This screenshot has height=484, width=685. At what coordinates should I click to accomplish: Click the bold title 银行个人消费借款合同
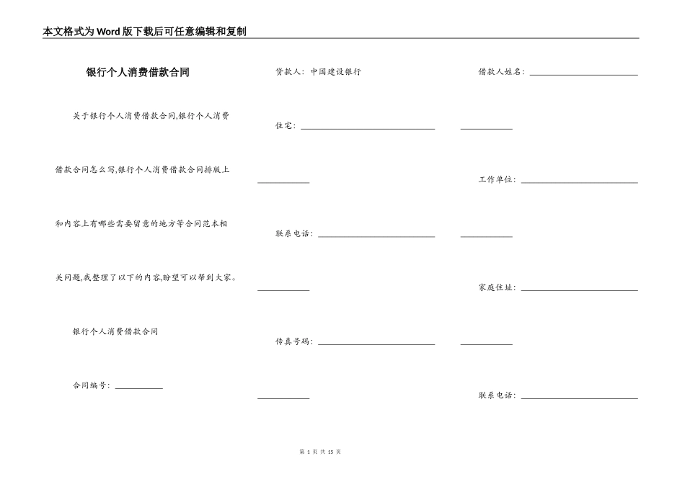pos(137,72)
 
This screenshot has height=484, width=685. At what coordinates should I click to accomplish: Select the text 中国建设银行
pos(336,72)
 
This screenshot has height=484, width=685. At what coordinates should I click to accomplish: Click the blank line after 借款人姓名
pos(583,73)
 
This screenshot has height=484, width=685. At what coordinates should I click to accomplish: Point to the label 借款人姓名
pos(501,72)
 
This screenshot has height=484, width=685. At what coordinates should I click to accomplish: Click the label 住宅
pos(285,126)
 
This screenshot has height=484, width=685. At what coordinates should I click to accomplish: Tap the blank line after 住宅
pos(368,128)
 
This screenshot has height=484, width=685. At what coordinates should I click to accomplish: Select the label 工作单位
pos(497,179)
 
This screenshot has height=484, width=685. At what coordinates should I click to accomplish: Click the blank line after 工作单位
pos(579,181)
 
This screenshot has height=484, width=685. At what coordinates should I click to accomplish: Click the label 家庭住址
pos(497,287)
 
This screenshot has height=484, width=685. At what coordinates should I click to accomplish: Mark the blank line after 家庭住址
pos(579,290)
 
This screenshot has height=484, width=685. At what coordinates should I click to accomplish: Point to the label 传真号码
pos(293,341)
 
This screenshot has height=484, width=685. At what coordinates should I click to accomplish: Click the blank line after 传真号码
pos(376,344)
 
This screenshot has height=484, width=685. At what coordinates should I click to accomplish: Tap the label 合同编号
pos(91,385)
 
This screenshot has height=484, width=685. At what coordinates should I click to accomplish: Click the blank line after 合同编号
pos(139,387)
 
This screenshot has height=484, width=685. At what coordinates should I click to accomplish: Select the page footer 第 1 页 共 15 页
pos(319,452)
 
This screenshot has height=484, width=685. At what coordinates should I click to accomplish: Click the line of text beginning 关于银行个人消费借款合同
pos(151,115)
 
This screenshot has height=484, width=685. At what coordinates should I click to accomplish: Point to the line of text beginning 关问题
pos(146,277)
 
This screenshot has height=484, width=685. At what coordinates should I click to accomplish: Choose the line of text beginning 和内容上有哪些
pos(141,223)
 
